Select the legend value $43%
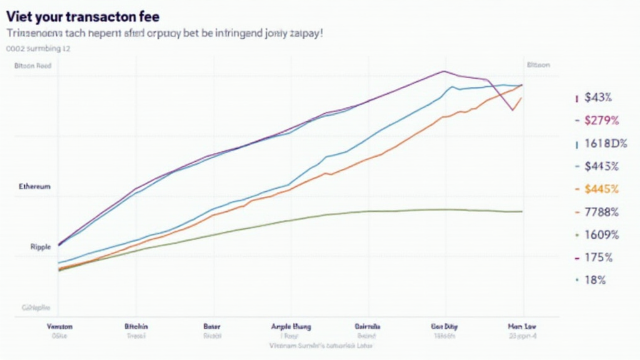[598, 97]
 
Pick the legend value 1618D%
[605, 143]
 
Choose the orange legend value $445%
[601, 189]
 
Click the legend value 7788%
[601, 212]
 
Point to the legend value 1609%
[601, 235]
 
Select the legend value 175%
[598, 257]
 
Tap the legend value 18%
[595, 280]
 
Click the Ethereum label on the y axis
[35, 186]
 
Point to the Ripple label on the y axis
[40, 247]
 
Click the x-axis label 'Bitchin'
[136, 326]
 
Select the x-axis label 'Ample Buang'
[291, 326]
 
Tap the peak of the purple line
[444, 71]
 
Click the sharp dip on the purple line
[512, 111]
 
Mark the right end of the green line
[522, 211]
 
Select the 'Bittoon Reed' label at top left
[32, 65]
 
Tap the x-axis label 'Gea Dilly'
[445, 326]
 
